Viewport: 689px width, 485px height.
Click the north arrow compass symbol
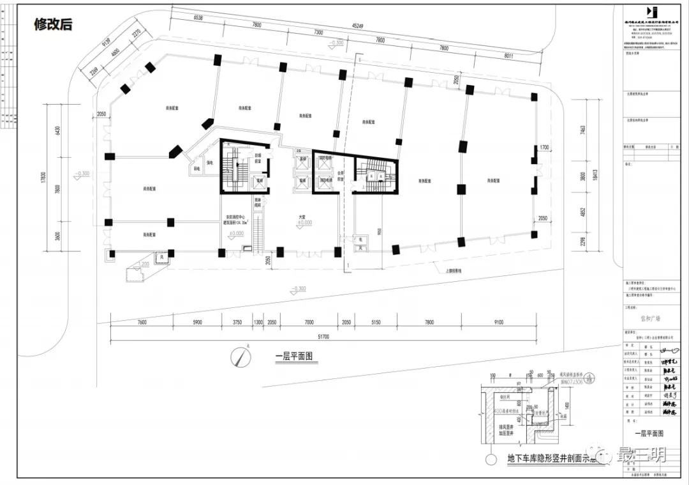(x=241, y=355)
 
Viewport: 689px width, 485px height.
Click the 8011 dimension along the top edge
(x=508, y=56)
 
